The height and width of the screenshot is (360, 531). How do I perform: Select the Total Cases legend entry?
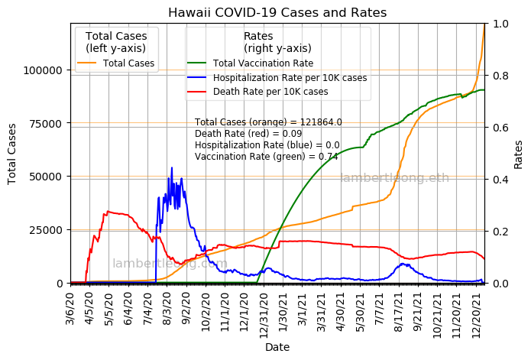(x=128, y=63)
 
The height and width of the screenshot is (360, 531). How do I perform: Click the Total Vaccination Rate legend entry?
(x=263, y=63)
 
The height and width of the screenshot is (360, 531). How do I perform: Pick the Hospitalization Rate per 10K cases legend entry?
(x=290, y=78)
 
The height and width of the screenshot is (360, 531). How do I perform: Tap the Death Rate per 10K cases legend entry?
(x=270, y=92)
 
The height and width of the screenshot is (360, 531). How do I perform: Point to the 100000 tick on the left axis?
(x=45, y=70)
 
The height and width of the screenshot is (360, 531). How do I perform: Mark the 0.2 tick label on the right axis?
(x=501, y=232)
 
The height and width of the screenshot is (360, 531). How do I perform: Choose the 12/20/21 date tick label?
(x=478, y=310)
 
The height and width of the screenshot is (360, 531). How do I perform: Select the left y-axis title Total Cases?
(x=13, y=153)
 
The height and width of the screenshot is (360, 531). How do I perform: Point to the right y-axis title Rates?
(x=519, y=153)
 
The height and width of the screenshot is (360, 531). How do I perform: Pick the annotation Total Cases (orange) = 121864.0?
(x=268, y=122)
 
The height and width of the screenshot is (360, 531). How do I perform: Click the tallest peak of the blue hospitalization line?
(x=172, y=167)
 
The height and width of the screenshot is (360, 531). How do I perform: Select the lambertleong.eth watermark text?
(x=394, y=178)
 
